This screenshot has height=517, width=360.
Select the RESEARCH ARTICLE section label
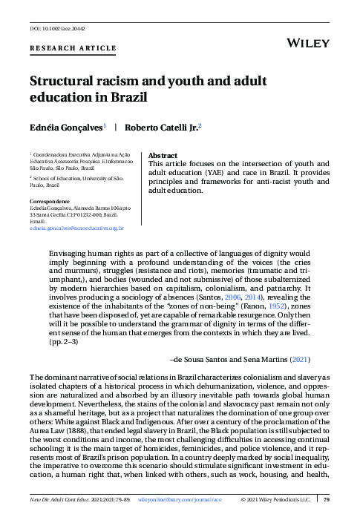(x=72, y=48)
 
